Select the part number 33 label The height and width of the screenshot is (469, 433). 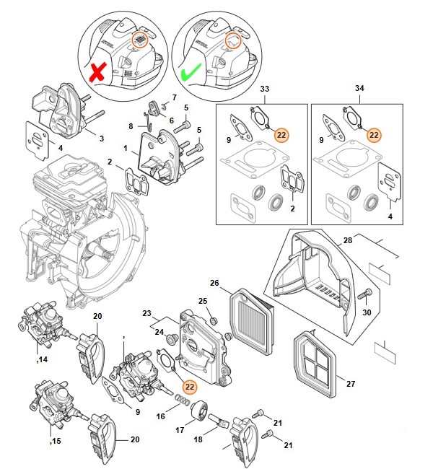click(x=263, y=89)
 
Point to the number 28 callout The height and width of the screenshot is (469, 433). click(x=347, y=240)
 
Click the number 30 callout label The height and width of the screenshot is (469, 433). click(x=367, y=312)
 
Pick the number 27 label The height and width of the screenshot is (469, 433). click(x=351, y=384)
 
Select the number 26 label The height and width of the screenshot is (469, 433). click(x=214, y=283)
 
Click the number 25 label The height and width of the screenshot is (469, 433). click(x=203, y=301)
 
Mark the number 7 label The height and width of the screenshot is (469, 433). click(x=174, y=96)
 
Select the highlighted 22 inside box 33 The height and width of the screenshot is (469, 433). click(x=281, y=134)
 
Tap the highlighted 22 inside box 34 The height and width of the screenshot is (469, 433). click(x=374, y=134)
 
